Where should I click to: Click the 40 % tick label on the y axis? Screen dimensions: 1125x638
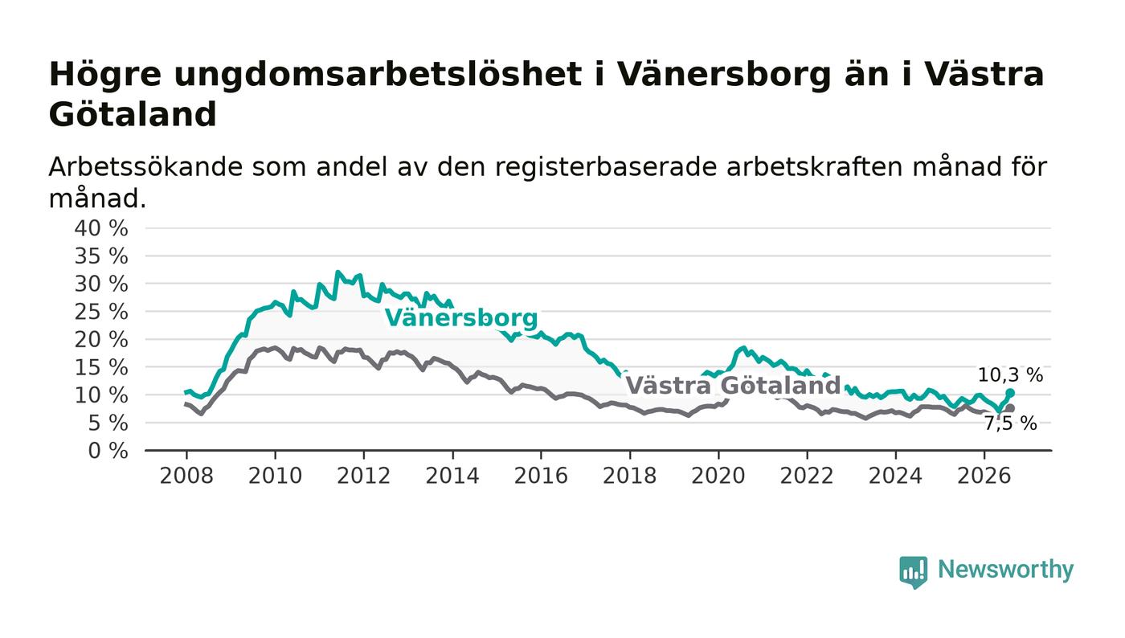tap(101, 228)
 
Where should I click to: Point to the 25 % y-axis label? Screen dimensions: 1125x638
tap(101, 312)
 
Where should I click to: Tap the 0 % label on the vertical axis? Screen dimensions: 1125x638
tap(108, 451)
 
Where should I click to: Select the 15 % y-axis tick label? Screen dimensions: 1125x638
tap(101, 368)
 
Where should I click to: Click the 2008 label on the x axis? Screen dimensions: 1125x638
tap(186, 476)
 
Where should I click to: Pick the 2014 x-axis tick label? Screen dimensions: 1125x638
tap(452, 476)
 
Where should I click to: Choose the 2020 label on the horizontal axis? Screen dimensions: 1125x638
tap(718, 476)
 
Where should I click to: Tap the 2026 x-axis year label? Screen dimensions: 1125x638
tap(984, 476)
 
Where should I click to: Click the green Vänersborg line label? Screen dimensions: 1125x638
tap(461, 318)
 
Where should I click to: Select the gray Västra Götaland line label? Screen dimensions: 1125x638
tap(733, 386)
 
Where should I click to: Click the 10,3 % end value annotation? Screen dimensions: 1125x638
tap(1010, 374)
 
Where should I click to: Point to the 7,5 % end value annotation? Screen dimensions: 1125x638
tap(1010, 423)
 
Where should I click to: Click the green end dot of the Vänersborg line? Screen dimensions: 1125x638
tap(1010, 393)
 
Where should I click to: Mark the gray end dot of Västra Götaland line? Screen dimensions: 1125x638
tap(1010, 408)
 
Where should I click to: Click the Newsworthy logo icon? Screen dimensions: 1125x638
tap(913, 571)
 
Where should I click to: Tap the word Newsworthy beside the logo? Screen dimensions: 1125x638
tap(1005, 570)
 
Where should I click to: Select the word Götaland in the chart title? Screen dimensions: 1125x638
tap(133, 115)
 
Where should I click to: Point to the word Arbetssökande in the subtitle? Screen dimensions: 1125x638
tap(145, 167)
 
